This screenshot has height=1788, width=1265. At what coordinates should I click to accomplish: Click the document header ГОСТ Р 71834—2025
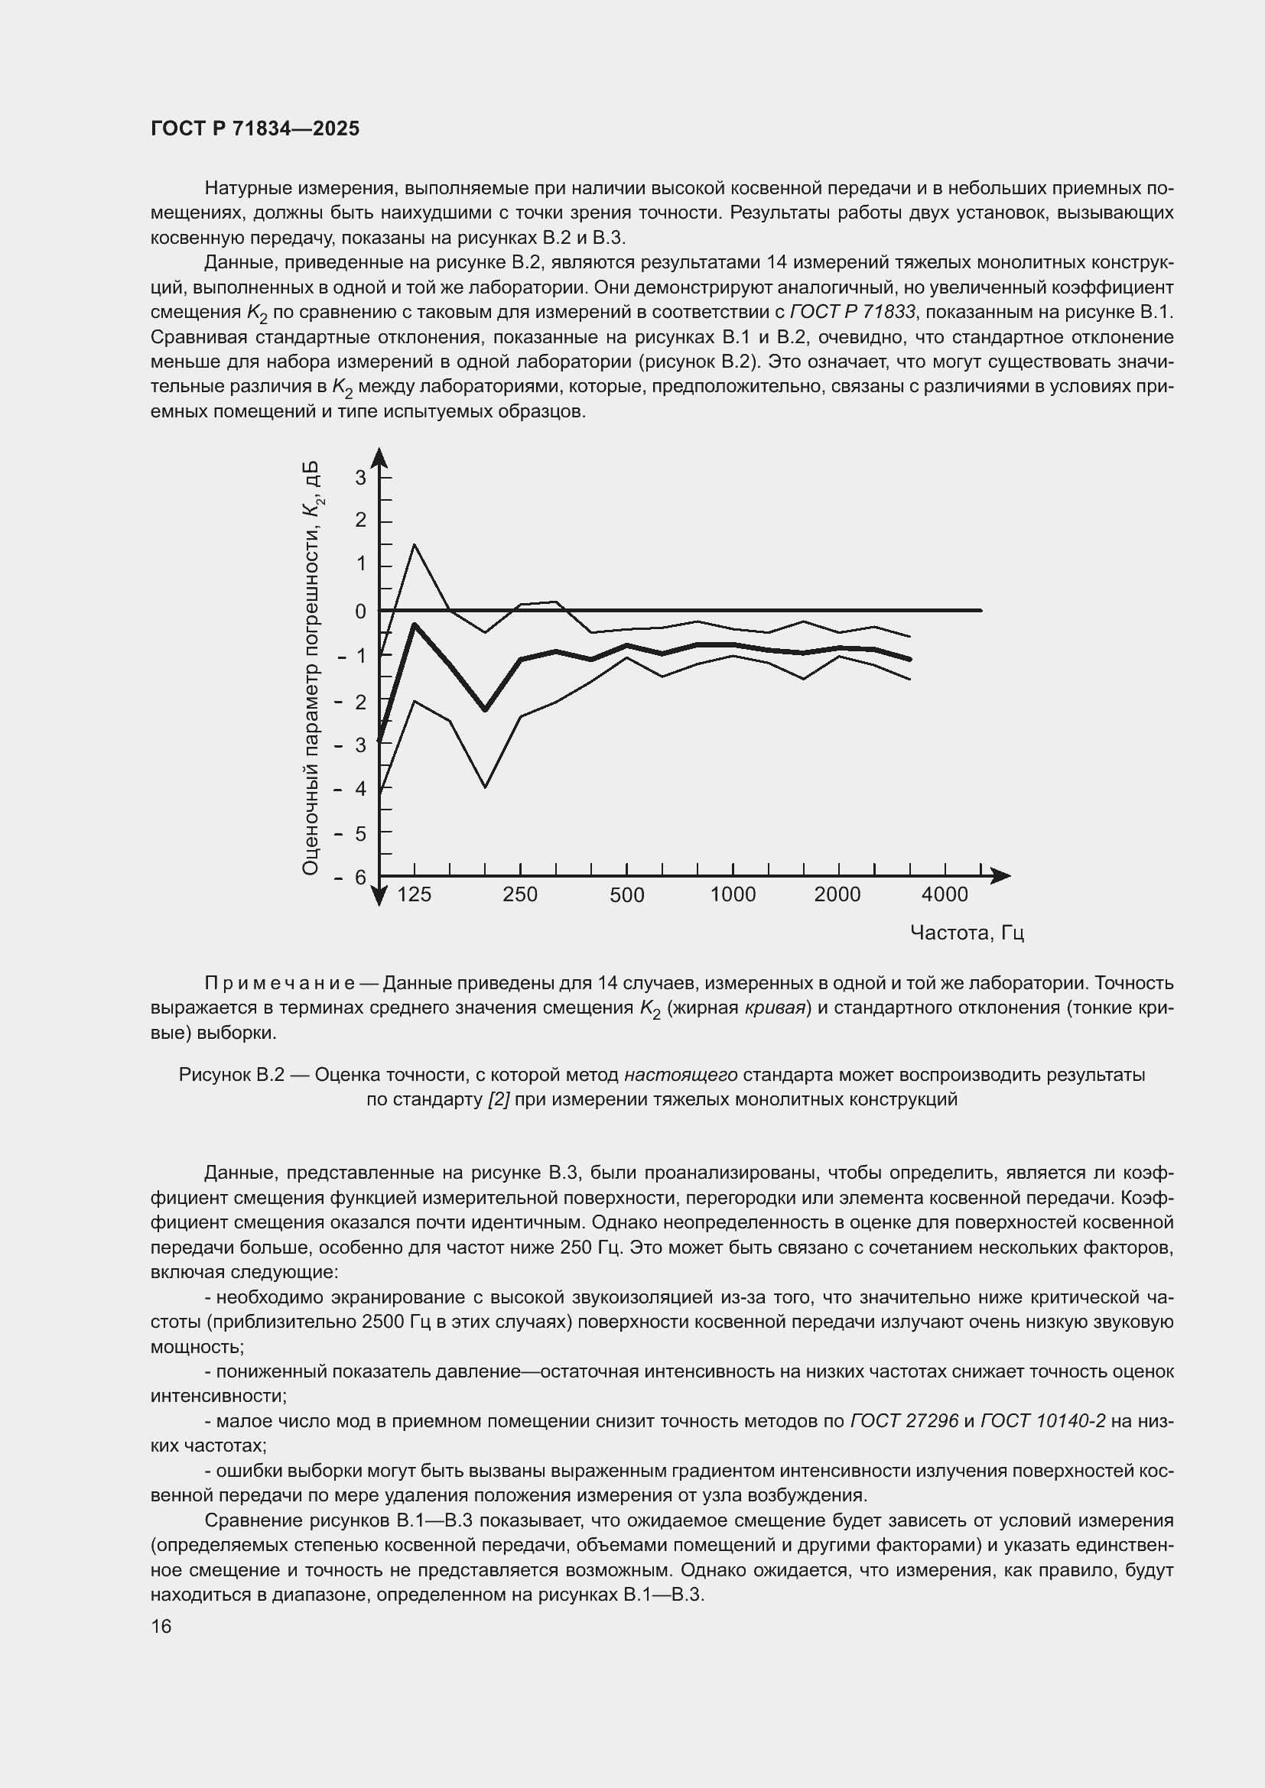(255, 128)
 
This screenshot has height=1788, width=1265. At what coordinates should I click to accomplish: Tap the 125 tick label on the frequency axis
(414, 895)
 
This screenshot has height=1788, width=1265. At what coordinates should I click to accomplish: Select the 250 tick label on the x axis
(519, 895)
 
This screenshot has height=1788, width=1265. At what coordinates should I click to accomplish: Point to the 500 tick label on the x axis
(626, 895)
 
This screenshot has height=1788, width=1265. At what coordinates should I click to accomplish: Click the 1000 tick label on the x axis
(732, 895)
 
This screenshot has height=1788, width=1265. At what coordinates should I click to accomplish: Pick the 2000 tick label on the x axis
(837, 895)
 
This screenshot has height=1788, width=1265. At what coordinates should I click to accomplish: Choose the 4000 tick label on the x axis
(944, 895)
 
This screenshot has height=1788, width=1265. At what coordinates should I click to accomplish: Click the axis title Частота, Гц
(967, 933)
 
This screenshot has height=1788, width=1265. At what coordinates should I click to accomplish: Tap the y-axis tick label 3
(360, 477)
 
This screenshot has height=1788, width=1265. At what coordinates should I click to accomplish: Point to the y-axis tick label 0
(360, 612)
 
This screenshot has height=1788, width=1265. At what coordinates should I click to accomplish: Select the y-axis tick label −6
(351, 878)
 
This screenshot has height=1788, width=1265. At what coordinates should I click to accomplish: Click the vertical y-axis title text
(311, 667)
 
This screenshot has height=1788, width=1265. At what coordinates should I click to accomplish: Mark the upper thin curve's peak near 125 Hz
(415, 544)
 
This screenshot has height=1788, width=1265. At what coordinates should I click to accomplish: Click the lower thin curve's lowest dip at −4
(484, 787)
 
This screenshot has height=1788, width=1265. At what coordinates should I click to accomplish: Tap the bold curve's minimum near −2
(484, 709)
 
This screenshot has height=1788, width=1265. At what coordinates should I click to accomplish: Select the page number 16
(161, 1626)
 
